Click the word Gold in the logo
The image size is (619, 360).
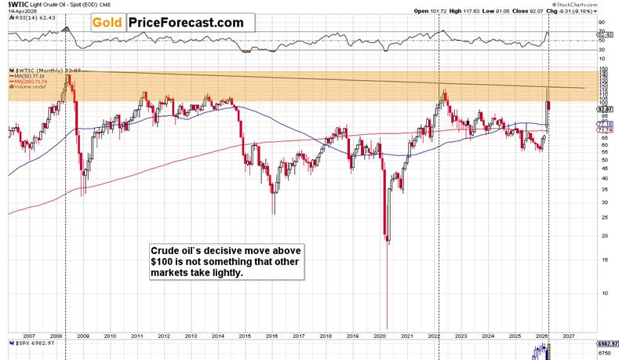click(109, 23)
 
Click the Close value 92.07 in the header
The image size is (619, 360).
click(552, 12)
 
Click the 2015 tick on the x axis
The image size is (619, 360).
click(245, 333)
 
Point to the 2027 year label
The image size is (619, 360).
click(570, 333)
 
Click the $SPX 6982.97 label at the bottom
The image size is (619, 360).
click(27, 343)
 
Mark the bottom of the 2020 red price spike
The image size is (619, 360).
click(388, 329)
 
